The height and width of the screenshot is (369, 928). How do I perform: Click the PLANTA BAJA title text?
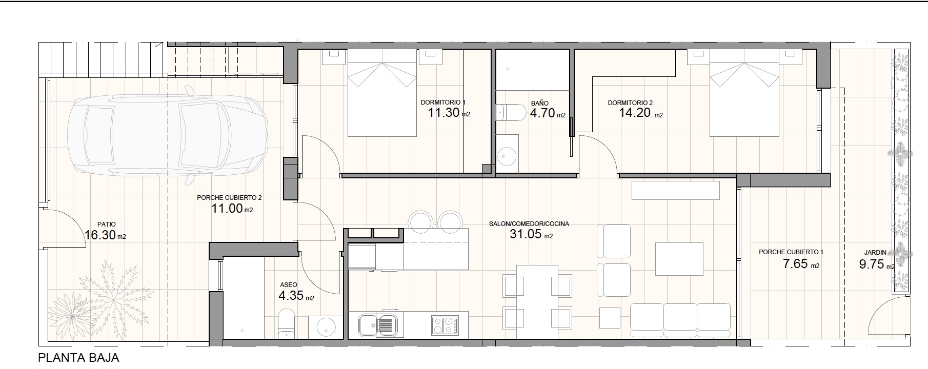[78, 358]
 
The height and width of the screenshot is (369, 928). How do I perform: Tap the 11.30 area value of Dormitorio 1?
[443, 113]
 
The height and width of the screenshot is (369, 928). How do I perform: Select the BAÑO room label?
[540, 104]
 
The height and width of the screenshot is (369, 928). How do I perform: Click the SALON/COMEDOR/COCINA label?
[529, 224]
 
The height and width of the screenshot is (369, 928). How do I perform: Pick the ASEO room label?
[289, 285]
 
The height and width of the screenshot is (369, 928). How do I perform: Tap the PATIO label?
[107, 224]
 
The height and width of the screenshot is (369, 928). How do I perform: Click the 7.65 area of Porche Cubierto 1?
[795, 264]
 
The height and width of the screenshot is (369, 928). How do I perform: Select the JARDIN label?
[875, 252]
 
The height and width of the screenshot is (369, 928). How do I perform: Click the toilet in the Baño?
[511, 112]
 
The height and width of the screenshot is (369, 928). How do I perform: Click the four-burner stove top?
[445, 324]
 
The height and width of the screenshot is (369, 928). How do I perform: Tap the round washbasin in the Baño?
[508, 154]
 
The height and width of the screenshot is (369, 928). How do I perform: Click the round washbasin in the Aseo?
[326, 326]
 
